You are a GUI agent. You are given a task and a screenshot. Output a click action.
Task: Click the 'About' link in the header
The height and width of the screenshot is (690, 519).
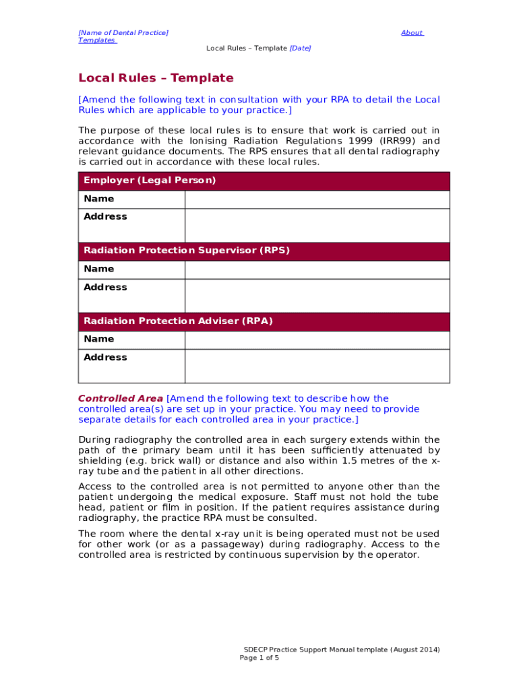coord(411,32)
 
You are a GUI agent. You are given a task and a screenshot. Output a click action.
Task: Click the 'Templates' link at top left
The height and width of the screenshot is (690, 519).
coord(96,40)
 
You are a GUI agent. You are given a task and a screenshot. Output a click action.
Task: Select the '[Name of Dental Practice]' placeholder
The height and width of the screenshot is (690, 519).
coord(123,32)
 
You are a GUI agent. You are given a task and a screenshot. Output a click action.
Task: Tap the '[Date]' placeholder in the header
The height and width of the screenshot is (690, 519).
coord(300,49)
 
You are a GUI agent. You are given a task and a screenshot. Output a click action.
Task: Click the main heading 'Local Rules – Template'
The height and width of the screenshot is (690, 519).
coord(156,78)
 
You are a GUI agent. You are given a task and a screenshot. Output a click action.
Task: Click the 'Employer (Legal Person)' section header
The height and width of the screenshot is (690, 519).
coord(150,181)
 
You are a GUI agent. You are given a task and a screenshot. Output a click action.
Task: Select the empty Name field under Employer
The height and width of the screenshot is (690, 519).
coord(317,199)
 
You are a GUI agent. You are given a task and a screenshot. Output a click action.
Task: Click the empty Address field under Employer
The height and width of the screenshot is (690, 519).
coord(317,225)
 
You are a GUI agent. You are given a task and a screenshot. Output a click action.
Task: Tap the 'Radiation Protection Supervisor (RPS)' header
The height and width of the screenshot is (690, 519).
coord(186,251)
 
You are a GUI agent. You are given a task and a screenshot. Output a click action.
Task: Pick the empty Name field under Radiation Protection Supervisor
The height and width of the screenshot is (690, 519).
coord(317,270)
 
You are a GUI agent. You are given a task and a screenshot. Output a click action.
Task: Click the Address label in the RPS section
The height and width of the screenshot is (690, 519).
coord(105,287)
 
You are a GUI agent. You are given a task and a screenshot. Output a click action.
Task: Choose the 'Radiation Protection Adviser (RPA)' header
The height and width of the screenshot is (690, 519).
coord(178,321)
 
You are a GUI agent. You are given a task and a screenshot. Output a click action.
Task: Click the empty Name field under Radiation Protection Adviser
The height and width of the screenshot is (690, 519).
coord(317,340)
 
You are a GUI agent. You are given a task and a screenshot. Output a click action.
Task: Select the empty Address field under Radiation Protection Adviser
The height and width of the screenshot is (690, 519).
coord(317,366)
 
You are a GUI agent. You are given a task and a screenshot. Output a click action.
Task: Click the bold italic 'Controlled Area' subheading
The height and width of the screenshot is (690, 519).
coord(121,399)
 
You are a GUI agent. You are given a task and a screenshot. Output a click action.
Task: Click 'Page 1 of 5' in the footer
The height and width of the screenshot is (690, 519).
coord(259,658)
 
